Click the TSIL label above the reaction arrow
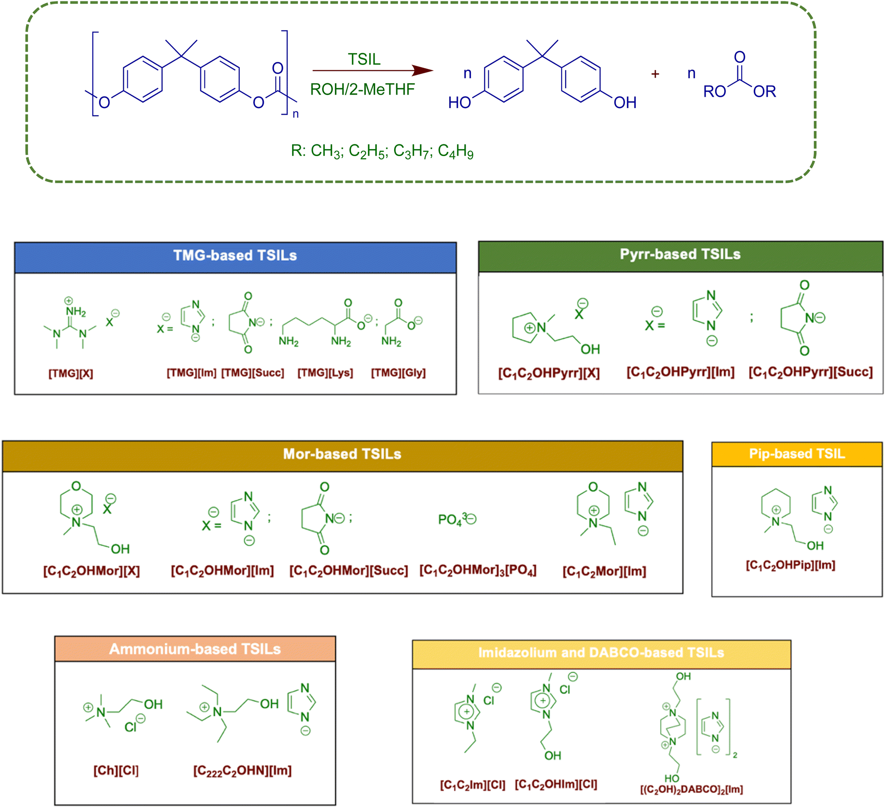365,59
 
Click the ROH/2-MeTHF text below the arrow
363,89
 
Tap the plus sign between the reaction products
655,74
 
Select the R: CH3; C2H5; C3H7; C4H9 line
382,151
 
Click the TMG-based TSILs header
235,256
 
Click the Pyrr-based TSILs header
680,254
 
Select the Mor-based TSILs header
342,454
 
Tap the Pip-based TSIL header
797,453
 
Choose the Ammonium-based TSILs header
195,649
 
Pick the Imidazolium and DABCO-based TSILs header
601,652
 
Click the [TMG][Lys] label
325,373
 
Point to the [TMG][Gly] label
399,373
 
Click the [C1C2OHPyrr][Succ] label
811,372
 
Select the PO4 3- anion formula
457,520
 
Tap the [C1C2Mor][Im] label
604,571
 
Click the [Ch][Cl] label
116,770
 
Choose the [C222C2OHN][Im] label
242,770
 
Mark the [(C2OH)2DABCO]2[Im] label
691,789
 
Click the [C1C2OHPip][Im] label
791,565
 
